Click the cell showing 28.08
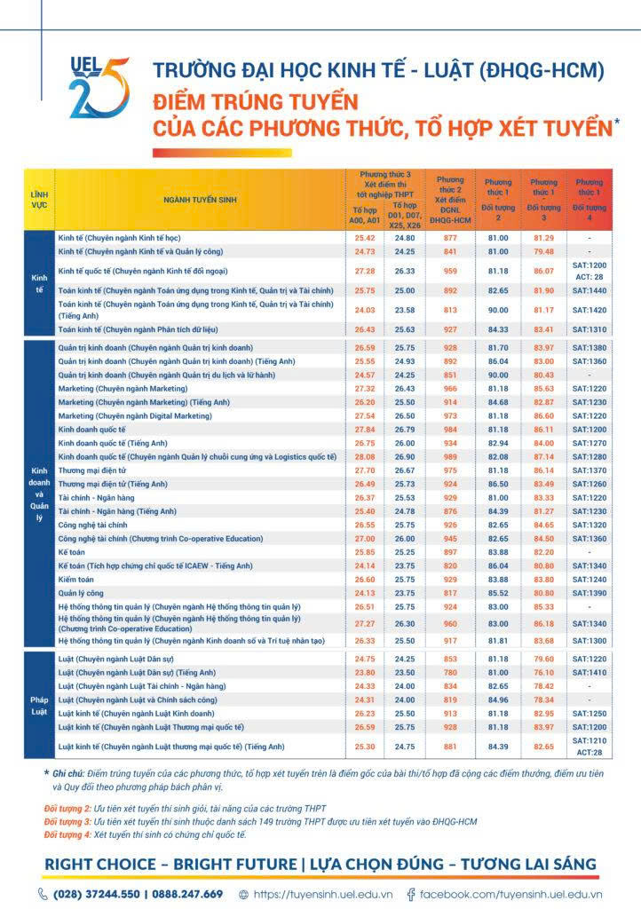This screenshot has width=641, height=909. point(364,456)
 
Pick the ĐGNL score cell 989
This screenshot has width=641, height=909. point(450,456)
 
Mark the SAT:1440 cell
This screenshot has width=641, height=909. point(589,290)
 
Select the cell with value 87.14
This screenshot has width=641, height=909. point(543,456)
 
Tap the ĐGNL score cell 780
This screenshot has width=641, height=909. point(450,672)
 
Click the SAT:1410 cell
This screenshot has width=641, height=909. point(589,672)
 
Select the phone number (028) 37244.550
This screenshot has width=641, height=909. point(99,894)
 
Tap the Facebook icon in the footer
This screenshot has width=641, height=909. point(411,894)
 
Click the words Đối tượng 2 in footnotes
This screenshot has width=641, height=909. point(68,809)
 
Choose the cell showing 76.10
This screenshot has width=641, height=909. point(543,672)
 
